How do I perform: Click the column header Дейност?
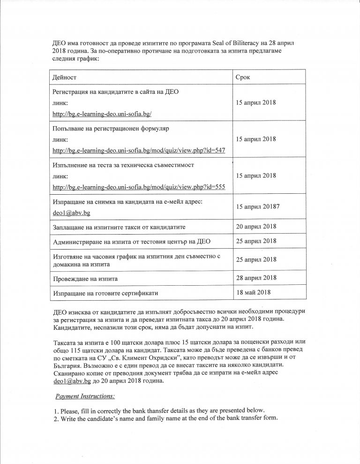tap(65, 76)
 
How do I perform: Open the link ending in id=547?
tap(139, 150)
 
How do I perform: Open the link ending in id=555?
tap(139, 187)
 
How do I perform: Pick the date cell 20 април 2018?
tap(256, 227)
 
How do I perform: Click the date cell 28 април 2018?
tap(256, 278)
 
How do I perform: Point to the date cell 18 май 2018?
tap(253, 293)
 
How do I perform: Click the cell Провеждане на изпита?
tap(85, 279)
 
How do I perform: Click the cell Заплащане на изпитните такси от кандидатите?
tap(120, 227)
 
